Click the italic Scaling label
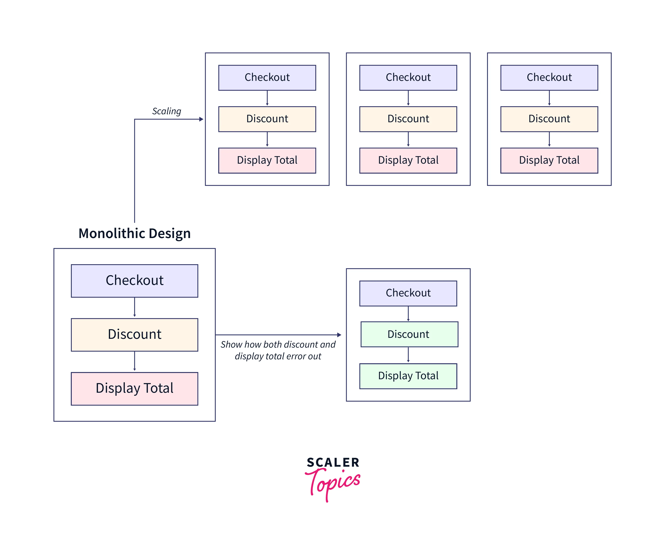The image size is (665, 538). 166,111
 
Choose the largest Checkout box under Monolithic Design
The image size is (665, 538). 134,280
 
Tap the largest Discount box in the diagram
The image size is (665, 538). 134,334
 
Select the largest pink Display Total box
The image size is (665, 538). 134,388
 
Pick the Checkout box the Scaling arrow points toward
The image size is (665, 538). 267,78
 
